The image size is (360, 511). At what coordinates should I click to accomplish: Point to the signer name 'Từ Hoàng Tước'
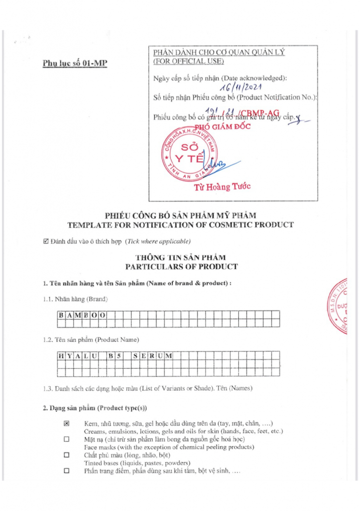223,187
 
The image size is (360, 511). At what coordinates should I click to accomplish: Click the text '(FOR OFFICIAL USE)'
188,61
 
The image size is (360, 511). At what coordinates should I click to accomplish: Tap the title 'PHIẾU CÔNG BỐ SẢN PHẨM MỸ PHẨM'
180,215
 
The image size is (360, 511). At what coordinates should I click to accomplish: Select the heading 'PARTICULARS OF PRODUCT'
181,266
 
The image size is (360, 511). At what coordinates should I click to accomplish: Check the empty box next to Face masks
66,440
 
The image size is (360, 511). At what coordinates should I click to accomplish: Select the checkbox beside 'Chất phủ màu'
66,456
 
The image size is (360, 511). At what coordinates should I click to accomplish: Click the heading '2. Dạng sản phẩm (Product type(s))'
95,408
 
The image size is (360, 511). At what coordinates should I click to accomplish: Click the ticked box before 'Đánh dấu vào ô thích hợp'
46,242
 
